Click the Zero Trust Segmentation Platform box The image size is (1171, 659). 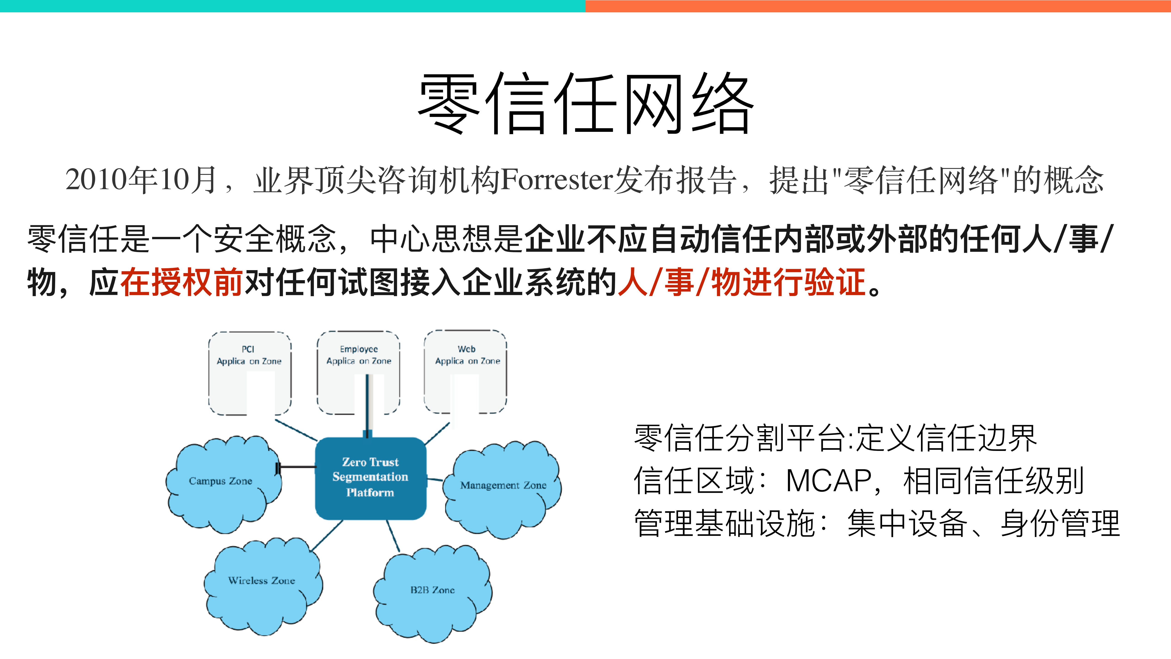tap(371, 477)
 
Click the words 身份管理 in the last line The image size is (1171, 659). tap(1059, 524)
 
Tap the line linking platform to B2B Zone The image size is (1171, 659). tap(393, 536)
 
